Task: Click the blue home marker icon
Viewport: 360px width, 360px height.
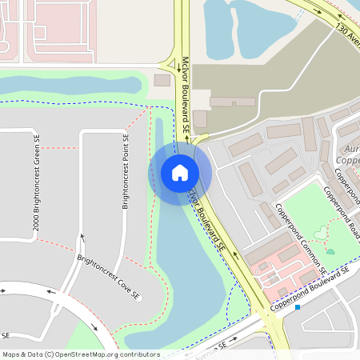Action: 180,172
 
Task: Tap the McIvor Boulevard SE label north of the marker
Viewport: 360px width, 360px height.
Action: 184,94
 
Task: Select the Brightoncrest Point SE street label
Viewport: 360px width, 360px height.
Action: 126,171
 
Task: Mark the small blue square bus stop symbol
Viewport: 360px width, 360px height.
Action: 297,306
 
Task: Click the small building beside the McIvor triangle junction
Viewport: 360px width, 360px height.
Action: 162,80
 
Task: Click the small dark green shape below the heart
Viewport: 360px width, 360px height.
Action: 330,251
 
